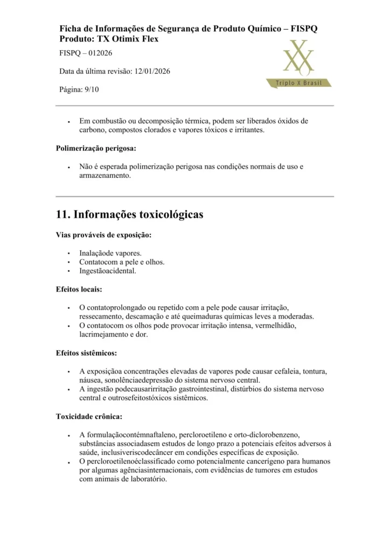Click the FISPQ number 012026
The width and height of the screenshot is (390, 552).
pyautogui.click(x=99, y=53)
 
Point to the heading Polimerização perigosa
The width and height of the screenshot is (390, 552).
pyautogui.click(x=96, y=148)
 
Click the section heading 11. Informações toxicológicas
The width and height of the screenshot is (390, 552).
pyautogui.click(x=129, y=215)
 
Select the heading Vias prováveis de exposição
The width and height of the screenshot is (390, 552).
pyautogui.click(x=103, y=235)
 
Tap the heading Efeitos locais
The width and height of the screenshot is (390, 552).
pyautogui.click(x=79, y=289)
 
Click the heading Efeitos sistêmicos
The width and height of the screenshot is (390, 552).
pyautogui.click(x=86, y=353)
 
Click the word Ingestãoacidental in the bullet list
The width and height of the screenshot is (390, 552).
pyautogui.click(x=108, y=271)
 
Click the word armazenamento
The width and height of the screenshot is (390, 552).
pyautogui.click(x=105, y=176)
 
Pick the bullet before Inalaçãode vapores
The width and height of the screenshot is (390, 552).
pyautogui.click(x=69, y=253)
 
